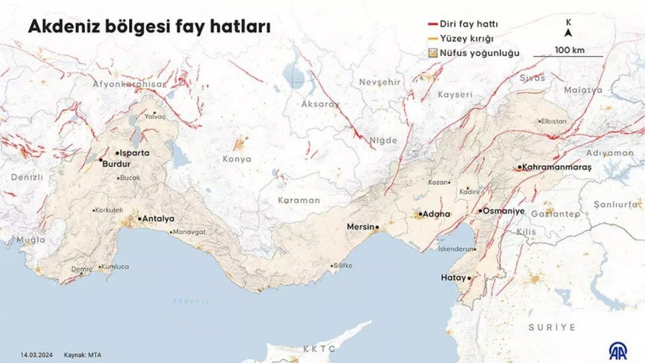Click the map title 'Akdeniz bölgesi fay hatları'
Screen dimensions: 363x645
(149, 27)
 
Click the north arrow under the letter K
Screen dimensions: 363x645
(568, 33)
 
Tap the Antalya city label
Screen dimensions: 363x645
(158, 219)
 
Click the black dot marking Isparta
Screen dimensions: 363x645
(117, 153)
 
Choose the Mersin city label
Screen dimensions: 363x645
(360, 227)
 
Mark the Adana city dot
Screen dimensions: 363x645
(420, 214)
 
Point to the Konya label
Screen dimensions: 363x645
(237, 159)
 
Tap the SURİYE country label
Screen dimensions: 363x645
(552, 327)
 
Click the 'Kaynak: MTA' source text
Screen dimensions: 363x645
(83, 355)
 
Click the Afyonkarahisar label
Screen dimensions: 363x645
(129, 84)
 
